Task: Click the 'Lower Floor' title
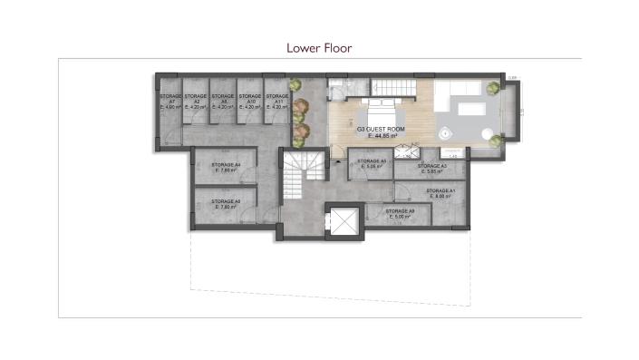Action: click(319, 47)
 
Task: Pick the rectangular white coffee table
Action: click(470, 110)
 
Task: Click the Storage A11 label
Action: click(276, 98)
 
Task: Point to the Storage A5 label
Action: click(372, 162)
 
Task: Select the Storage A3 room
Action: click(431, 169)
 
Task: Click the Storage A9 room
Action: click(400, 214)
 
